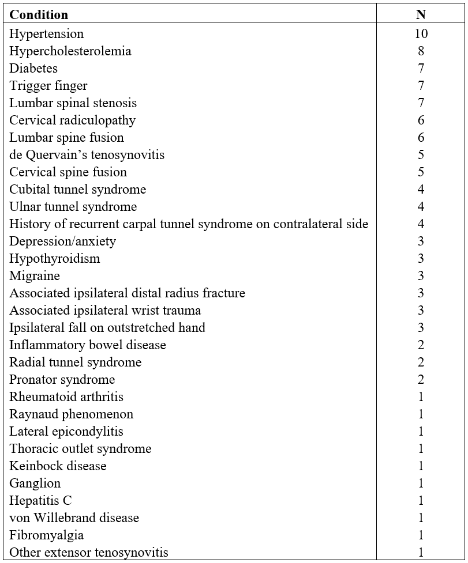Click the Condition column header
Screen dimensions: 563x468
tap(39, 14)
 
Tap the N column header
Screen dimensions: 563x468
tap(421, 14)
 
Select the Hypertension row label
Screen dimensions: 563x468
tap(47, 34)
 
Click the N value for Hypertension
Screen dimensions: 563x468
tap(421, 34)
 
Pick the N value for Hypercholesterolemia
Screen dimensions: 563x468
tap(421, 51)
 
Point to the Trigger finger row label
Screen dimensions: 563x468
tap(48, 86)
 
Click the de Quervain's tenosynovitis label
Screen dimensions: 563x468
tap(87, 155)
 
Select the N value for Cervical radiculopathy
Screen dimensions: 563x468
tap(421, 120)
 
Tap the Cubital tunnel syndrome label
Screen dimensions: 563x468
tap(78, 190)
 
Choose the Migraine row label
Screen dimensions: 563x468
tap(35, 276)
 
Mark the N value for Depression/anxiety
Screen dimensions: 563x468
tap(421, 241)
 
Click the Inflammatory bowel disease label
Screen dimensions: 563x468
tap(88, 345)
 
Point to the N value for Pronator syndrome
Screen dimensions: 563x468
tap(421, 380)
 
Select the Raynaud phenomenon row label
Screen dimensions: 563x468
tap(72, 414)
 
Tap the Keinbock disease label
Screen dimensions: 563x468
tap(58, 466)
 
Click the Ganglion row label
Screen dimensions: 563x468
tap(35, 483)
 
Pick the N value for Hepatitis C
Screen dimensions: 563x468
tap(421, 501)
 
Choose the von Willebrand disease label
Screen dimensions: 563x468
tap(74, 518)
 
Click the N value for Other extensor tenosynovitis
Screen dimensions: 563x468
tap(421, 553)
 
